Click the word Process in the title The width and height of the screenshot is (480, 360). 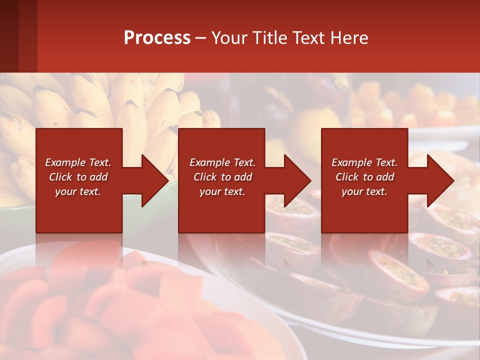pos(157,38)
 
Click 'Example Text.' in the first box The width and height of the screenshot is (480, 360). pos(78,162)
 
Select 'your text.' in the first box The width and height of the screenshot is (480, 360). pos(78,191)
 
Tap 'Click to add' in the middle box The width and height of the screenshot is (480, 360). pos(222,177)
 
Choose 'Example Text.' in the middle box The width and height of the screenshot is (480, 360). pos(222,162)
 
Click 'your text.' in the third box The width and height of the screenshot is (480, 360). pos(364,191)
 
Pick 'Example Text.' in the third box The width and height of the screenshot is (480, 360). pos(364,162)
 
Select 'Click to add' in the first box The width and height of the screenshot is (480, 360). pos(78,177)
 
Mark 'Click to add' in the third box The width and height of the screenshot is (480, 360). pos(364,177)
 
